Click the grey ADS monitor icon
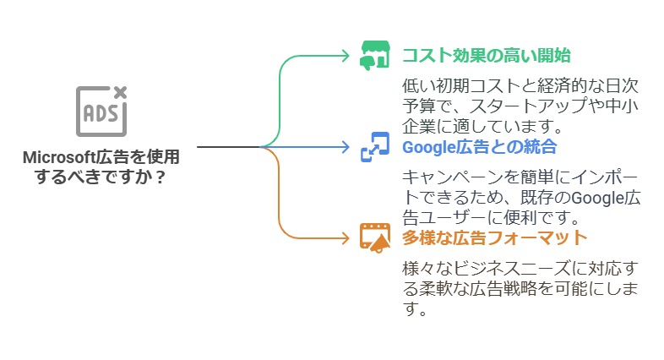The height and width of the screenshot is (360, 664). click(x=101, y=111)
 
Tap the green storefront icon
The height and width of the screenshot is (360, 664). click(x=373, y=55)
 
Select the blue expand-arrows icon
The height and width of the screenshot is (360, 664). click(x=373, y=147)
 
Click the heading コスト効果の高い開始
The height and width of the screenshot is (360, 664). click(x=486, y=56)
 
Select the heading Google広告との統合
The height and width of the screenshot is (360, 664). click(x=479, y=147)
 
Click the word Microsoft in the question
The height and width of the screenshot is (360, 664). click(x=59, y=158)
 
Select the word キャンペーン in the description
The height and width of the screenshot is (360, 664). click(x=452, y=178)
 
